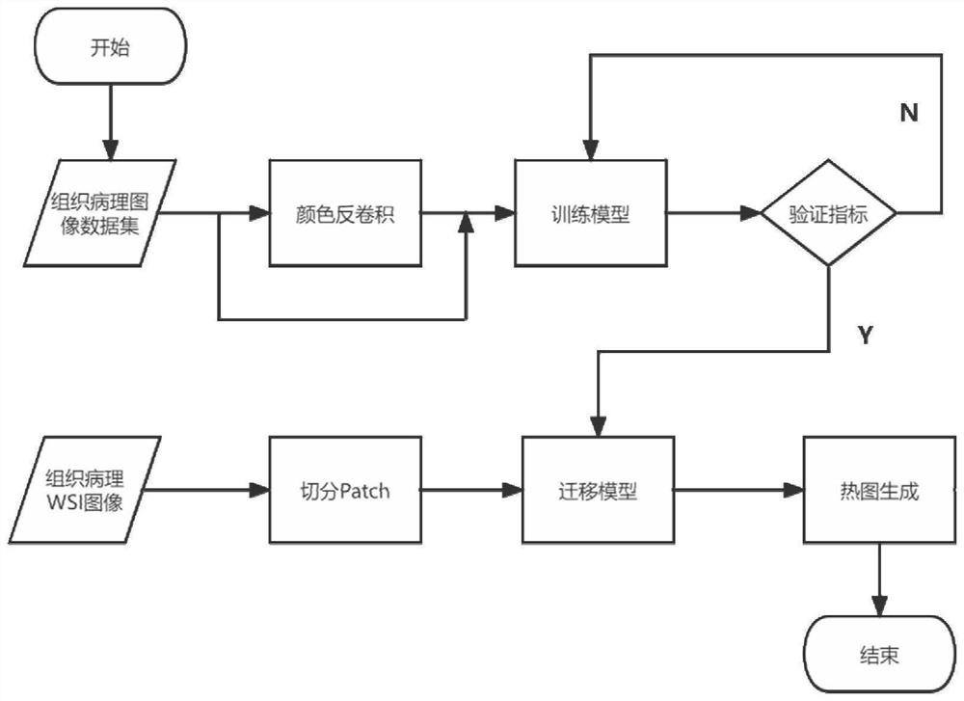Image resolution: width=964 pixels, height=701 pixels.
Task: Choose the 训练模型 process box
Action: point(590,214)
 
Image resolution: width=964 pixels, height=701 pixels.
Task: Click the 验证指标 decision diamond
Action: point(828,214)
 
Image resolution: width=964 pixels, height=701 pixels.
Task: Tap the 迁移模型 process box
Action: point(598,491)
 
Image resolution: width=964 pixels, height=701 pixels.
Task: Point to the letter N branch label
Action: point(908,114)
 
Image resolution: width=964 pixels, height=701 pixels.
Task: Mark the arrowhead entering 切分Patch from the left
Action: point(259,491)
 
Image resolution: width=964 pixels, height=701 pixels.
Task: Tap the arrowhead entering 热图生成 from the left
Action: point(794,491)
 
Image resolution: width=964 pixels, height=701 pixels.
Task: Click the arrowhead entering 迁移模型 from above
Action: point(599,425)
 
